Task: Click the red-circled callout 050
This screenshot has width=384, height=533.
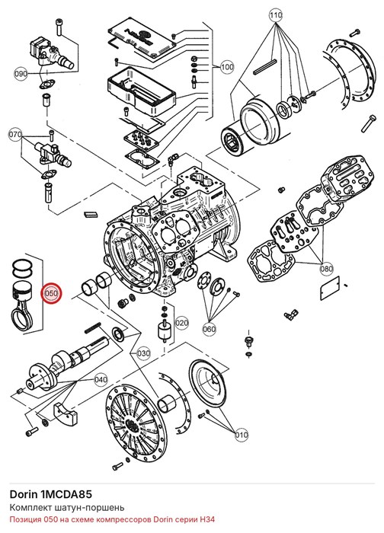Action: click(51, 292)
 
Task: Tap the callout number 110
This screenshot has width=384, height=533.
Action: click(276, 15)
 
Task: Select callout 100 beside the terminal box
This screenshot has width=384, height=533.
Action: click(227, 67)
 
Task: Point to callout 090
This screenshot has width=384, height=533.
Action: click(21, 73)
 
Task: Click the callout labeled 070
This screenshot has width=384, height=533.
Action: click(15, 135)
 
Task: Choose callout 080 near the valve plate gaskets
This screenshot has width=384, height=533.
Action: click(327, 269)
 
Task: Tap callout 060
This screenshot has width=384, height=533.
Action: click(210, 329)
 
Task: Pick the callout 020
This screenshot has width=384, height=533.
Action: click(182, 322)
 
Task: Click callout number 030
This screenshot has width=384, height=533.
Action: click(143, 353)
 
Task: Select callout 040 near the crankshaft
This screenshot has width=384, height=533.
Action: click(101, 379)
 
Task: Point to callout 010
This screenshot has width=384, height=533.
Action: click(242, 435)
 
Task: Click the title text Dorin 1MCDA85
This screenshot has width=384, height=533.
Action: click(51, 494)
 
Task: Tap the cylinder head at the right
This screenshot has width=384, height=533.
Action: click(347, 181)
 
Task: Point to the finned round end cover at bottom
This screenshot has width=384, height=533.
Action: click(137, 422)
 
